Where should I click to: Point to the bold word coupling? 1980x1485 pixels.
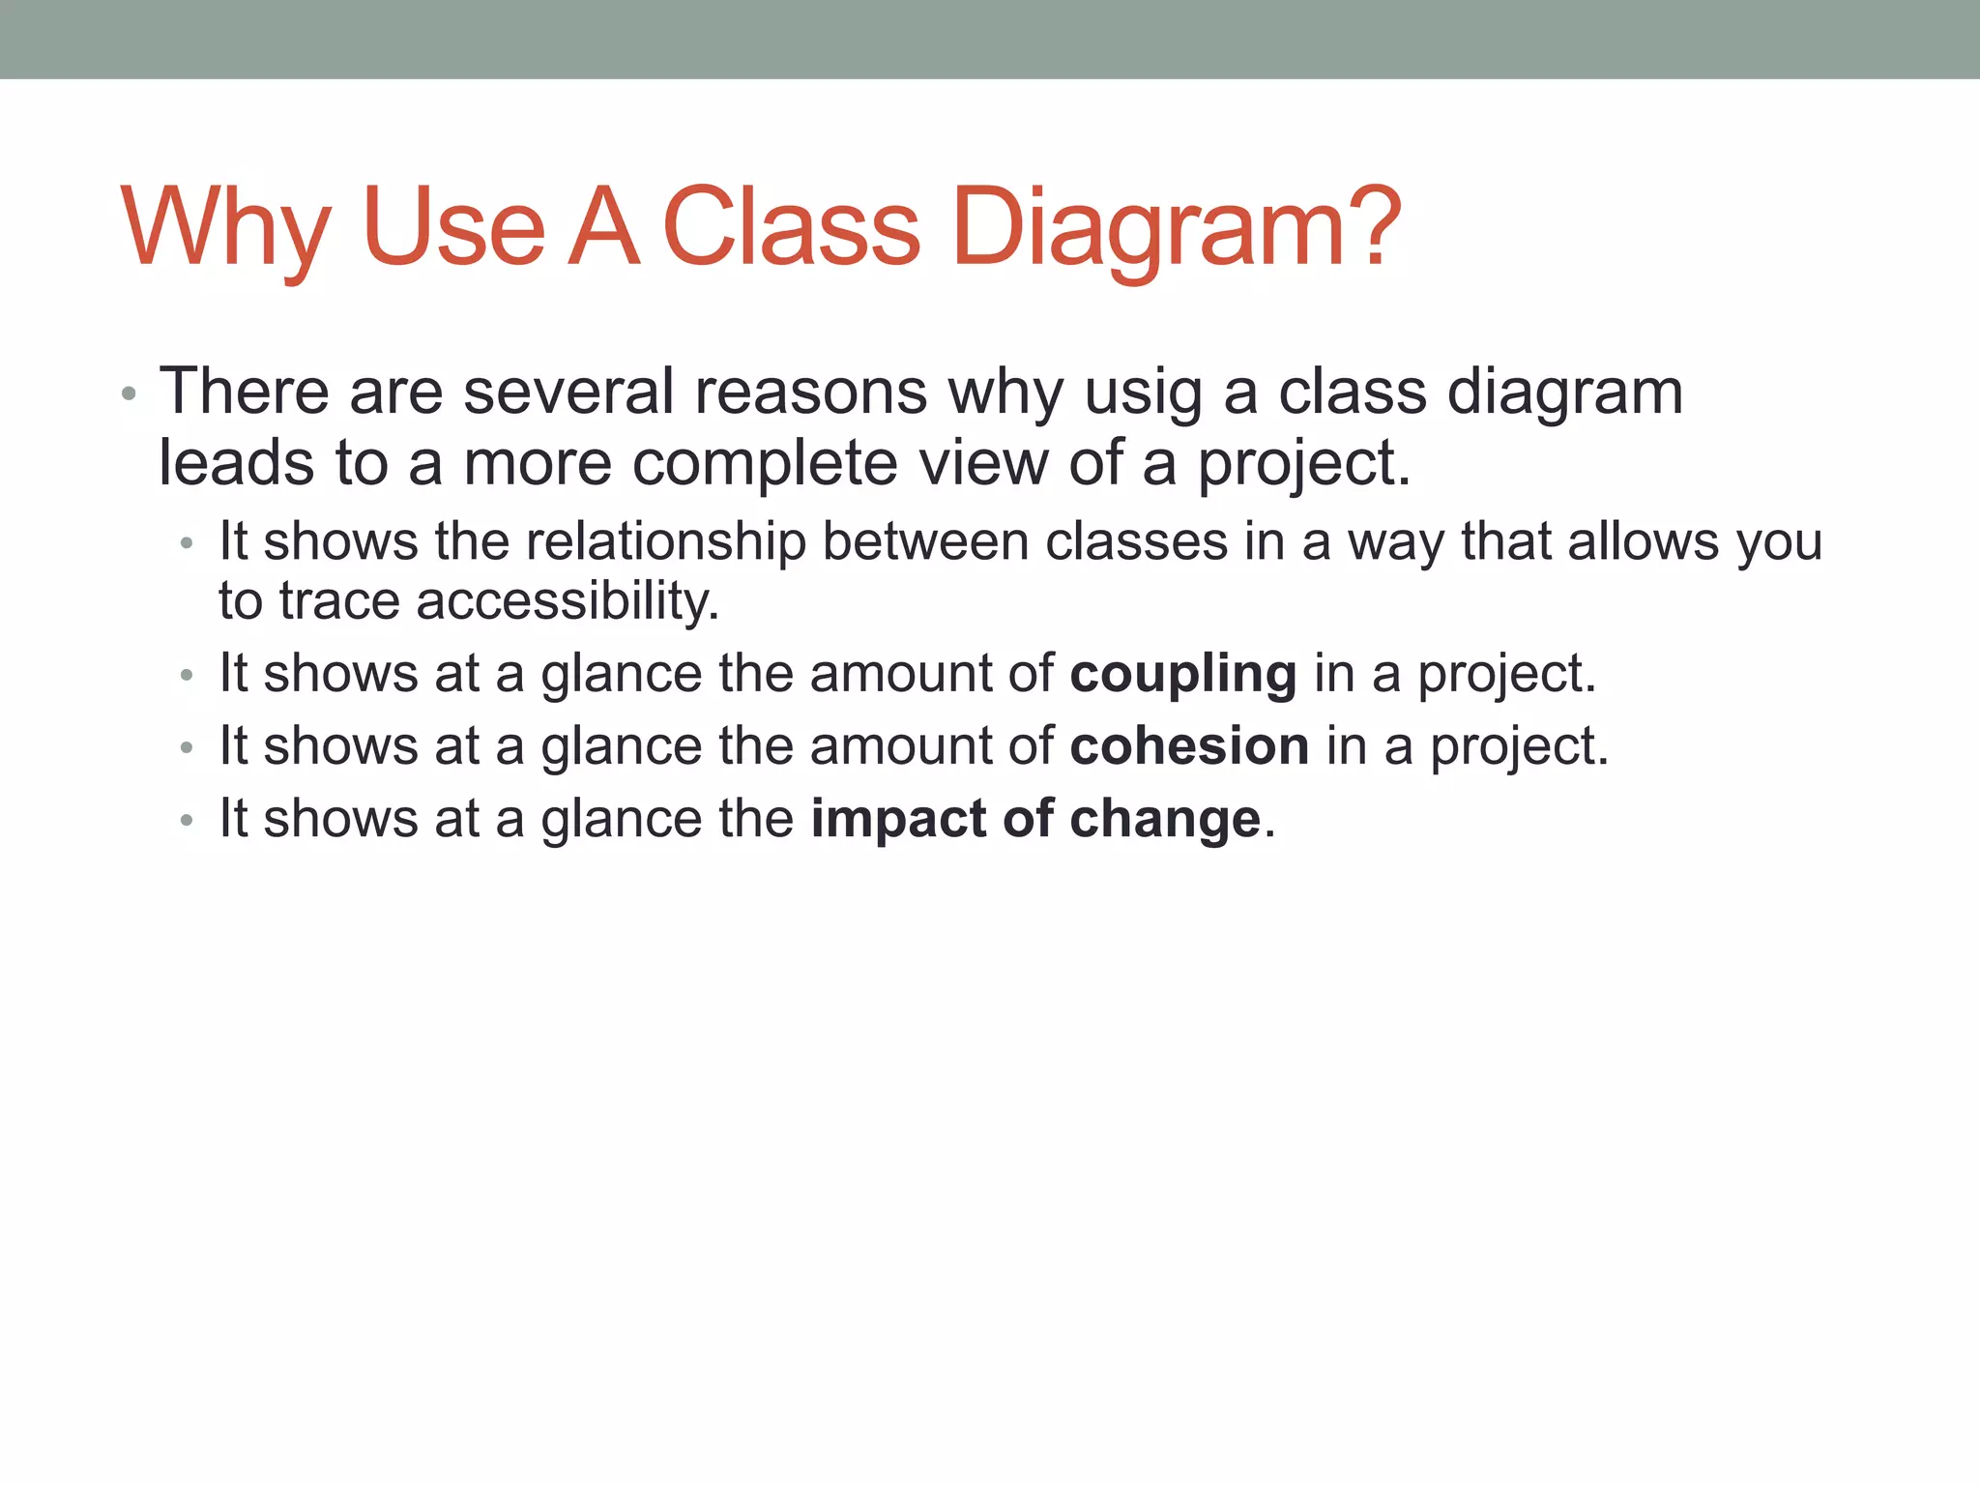(x=1182, y=675)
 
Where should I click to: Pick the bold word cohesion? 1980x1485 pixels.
(x=1189, y=746)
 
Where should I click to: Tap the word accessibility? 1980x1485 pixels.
(x=567, y=601)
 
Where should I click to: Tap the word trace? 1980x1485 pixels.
(x=339, y=601)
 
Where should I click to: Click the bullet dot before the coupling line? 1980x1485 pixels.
(x=187, y=675)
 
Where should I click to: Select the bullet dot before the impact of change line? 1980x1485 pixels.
(x=187, y=821)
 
